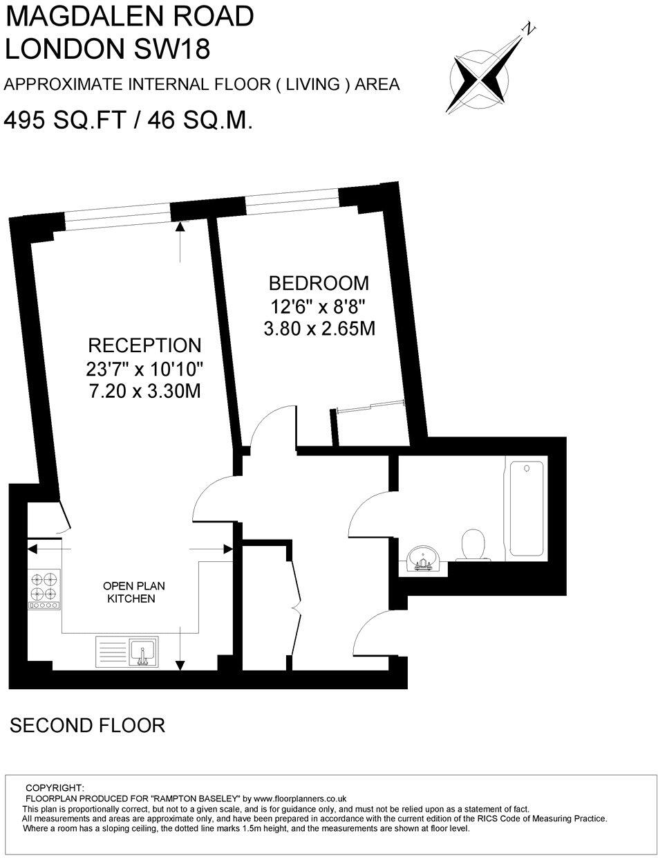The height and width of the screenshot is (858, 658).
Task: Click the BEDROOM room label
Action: click(x=319, y=283)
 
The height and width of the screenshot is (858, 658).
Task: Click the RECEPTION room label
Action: click(x=144, y=345)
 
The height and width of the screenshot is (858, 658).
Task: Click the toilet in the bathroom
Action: click(x=474, y=544)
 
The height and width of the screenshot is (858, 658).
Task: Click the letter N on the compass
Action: click(x=529, y=28)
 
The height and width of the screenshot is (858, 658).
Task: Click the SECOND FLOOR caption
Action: click(x=87, y=725)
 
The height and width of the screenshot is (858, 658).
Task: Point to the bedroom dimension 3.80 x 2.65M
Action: click(x=319, y=328)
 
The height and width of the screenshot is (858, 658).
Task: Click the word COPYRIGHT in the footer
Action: click(x=55, y=787)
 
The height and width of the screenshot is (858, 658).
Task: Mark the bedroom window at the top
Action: click(x=292, y=201)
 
